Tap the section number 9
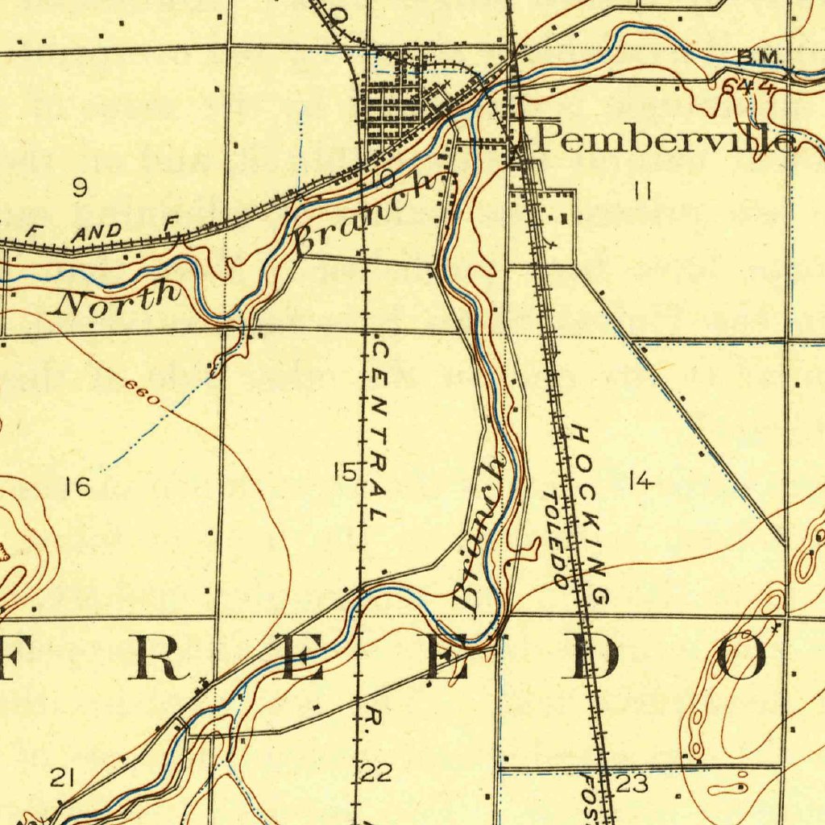79,188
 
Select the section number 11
642,191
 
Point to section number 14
641,481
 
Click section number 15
345,472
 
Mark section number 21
63,777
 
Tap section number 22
376,773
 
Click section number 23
632,783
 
